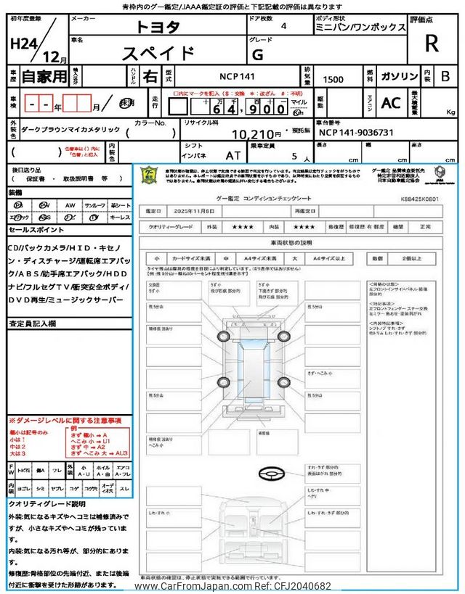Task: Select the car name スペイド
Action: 158,53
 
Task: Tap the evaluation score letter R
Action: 432,44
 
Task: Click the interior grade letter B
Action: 445,75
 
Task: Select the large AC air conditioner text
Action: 391,103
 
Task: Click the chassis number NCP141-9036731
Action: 356,133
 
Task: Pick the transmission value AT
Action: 233,155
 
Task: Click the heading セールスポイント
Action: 36,229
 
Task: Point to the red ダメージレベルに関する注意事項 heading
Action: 65,421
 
